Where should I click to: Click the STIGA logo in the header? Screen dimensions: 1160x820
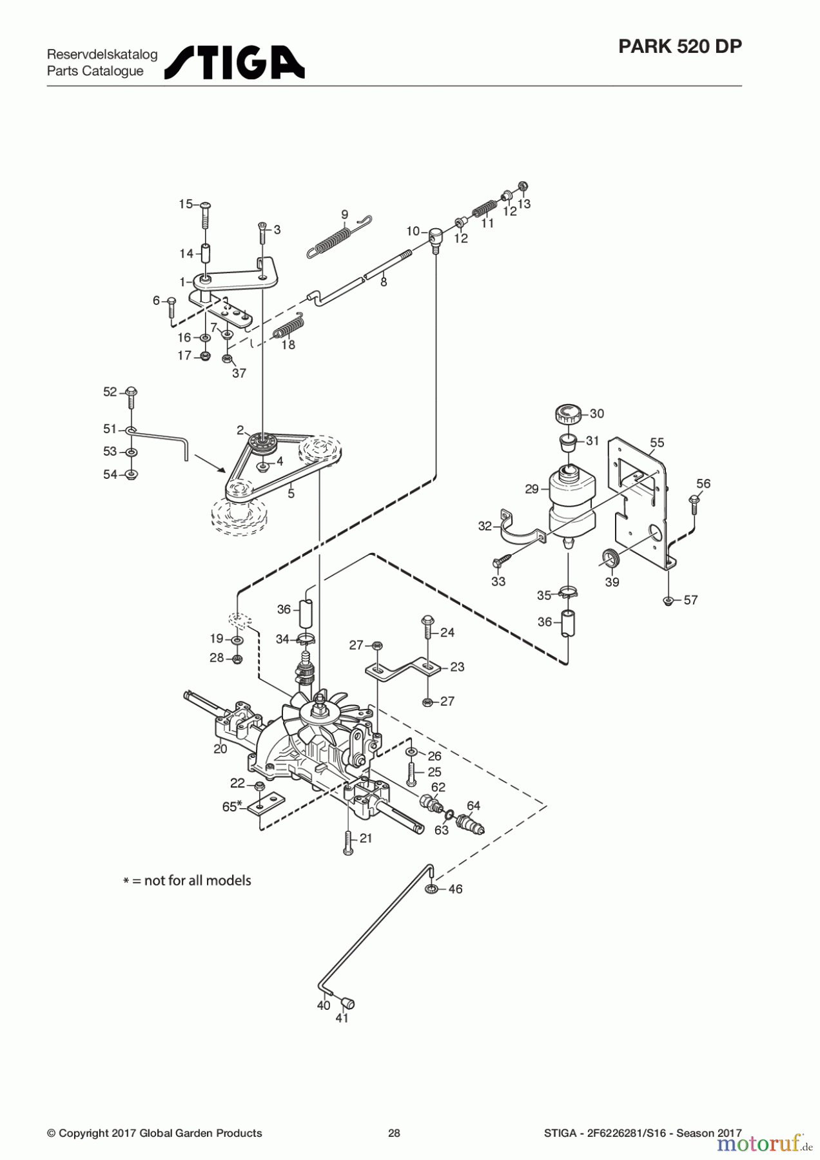point(235,63)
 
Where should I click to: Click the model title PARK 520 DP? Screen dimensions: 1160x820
point(679,46)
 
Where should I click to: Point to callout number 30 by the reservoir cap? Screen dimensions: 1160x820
point(597,414)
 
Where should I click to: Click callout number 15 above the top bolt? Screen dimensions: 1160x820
point(186,204)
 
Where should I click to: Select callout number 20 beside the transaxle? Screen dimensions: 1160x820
point(220,749)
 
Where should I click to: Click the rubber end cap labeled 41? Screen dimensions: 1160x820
point(349,1003)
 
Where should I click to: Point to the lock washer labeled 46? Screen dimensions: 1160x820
point(431,889)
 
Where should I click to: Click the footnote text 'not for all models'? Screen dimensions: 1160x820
point(197,880)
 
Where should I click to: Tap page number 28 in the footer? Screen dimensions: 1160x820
point(394,1133)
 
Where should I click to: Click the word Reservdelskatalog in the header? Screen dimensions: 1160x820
point(102,54)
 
